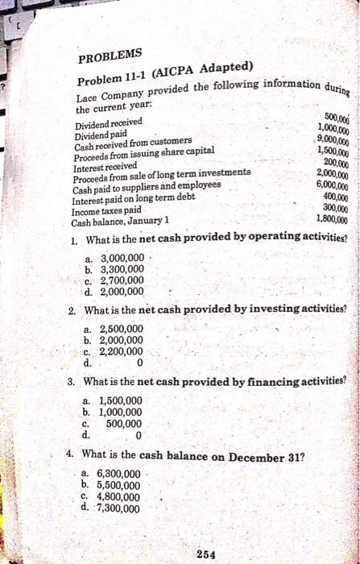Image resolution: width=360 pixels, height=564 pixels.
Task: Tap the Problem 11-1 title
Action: [165, 76]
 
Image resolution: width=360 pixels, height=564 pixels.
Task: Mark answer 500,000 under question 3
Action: [125, 422]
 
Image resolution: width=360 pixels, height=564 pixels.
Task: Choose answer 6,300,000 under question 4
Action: [118, 474]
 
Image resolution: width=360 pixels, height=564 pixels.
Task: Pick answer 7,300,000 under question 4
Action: [118, 508]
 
